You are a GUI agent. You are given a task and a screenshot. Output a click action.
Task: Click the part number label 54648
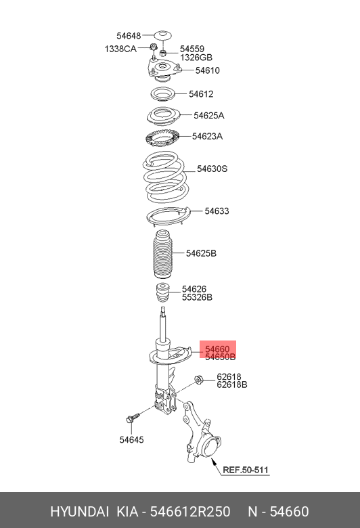coord(128,36)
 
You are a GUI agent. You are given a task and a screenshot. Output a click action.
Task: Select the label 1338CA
coord(120,49)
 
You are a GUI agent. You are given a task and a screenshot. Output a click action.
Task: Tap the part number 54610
coord(207,70)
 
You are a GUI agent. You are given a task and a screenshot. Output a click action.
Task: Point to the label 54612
coord(202,94)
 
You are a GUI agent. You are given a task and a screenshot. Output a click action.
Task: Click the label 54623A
coord(207,136)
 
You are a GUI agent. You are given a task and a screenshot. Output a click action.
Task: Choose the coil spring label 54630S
coord(212,169)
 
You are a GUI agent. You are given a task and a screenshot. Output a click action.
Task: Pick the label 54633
coord(217,211)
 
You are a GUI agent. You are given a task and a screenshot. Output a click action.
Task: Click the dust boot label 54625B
coord(201,254)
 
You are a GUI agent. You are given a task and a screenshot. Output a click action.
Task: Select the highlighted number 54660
coord(218,348)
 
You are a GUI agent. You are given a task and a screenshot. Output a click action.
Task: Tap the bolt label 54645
coord(131,440)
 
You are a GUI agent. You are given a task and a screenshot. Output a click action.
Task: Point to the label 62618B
coord(231,385)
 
